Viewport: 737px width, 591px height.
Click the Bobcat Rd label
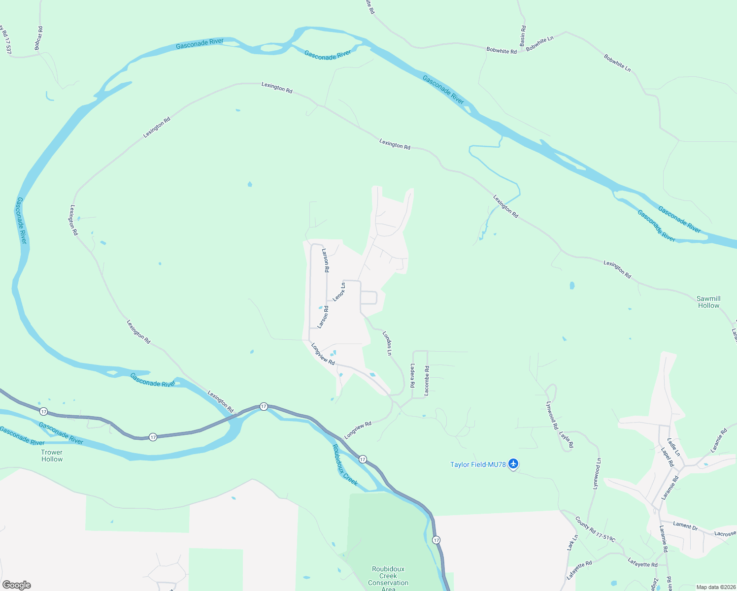coord(38,38)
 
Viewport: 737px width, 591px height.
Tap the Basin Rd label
coord(523,35)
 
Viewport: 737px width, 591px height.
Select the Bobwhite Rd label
coord(501,50)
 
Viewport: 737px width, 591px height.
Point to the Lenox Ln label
coord(339,292)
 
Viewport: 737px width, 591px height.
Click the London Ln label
coord(388,343)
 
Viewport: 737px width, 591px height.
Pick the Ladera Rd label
coord(412,375)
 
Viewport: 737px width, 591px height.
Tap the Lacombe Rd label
coord(427,380)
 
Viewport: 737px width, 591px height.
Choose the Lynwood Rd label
coord(552,415)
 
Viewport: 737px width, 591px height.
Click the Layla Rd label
coord(566,440)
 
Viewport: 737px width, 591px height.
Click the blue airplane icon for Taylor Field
coord(513,464)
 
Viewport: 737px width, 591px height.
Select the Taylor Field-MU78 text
coord(478,464)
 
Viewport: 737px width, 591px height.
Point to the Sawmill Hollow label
coord(708,302)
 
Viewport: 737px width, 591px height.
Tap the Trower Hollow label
coord(52,456)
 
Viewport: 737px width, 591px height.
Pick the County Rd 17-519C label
coord(595,529)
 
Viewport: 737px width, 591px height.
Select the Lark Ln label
coord(572,543)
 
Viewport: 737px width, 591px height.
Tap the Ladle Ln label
coord(673,447)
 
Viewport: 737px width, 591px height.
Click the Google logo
coord(17,585)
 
